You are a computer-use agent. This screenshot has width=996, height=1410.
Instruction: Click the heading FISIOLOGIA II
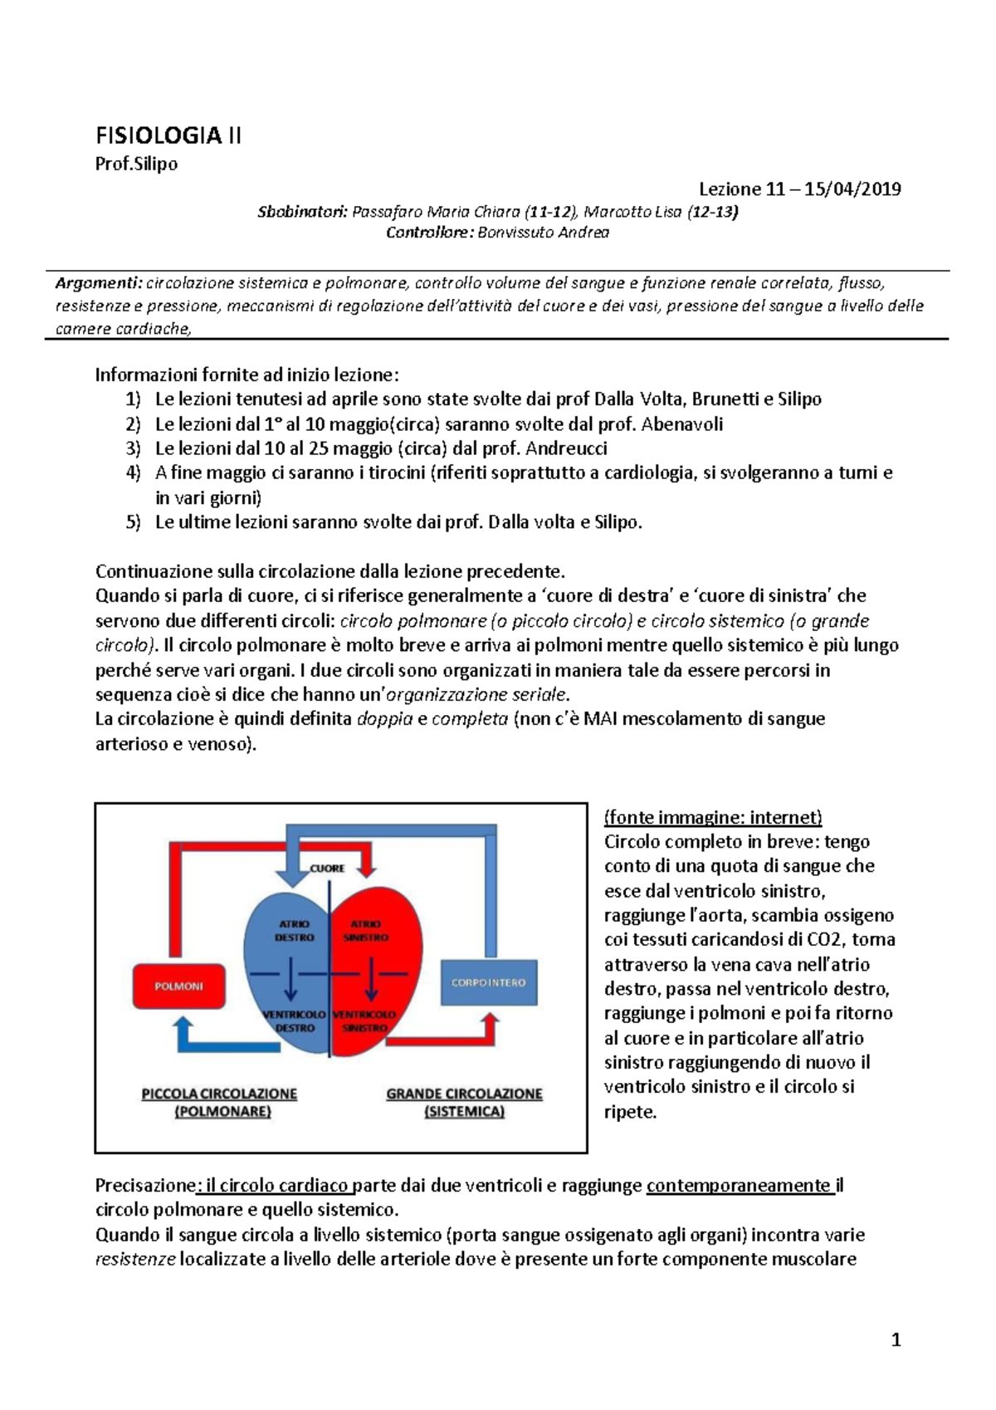point(168,136)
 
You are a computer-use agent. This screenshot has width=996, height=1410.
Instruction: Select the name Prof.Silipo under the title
point(136,164)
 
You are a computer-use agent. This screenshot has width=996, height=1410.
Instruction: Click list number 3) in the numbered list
point(134,449)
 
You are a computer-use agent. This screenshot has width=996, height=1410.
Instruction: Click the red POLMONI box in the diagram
point(179,987)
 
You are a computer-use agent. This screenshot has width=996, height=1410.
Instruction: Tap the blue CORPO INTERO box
point(488,983)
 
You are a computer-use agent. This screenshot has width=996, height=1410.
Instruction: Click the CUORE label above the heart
point(327,869)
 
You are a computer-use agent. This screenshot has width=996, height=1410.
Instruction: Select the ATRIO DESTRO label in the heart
point(295,931)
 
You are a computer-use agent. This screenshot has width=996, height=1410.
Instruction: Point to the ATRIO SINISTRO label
point(366,931)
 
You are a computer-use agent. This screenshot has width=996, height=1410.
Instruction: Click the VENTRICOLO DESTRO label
point(295,1021)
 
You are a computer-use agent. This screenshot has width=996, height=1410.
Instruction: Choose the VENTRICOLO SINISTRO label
point(365,1021)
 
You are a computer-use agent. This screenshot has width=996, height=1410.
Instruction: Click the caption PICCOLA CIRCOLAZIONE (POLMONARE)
point(220,1103)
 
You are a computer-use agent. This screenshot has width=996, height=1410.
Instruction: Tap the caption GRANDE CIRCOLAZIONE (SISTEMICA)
point(464,1103)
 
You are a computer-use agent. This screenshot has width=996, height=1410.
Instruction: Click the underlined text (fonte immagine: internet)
point(713,818)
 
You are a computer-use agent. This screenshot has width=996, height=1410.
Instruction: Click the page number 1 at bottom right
point(896,1339)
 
